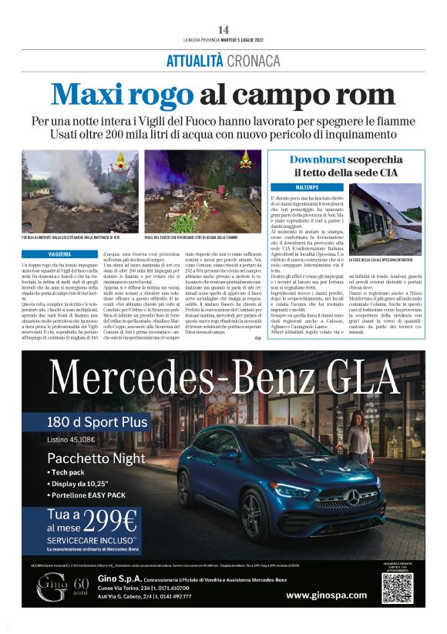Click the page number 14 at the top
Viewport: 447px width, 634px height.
[223, 29]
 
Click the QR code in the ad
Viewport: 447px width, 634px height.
[397, 588]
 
